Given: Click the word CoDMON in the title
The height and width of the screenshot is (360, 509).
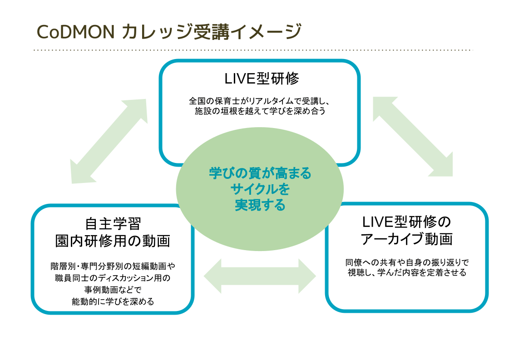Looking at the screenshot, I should pyautogui.click(x=75, y=32).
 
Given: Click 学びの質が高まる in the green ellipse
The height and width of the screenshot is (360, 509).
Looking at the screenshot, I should pyautogui.click(x=260, y=173).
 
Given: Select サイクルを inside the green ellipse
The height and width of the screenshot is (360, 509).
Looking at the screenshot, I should pyautogui.click(x=260, y=189).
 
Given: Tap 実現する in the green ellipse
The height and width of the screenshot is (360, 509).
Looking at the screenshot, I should pyautogui.click(x=260, y=205).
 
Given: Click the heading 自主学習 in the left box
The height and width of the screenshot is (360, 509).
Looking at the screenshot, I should pyautogui.click(x=113, y=224).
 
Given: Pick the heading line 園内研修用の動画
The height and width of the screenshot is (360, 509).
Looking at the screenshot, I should pyautogui.click(x=113, y=241).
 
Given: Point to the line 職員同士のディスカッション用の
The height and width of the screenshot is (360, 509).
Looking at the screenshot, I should pyautogui.click(x=113, y=278).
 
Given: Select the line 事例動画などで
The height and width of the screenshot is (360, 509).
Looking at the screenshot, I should pyautogui.click(x=113, y=289).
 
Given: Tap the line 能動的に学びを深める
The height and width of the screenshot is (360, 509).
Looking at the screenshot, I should pyautogui.click(x=113, y=301).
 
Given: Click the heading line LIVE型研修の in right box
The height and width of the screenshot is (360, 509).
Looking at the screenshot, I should pyautogui.click(x=406, y=222).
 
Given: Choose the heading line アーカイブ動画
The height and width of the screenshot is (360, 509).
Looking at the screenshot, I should pyautogui.click(x=406, y=239).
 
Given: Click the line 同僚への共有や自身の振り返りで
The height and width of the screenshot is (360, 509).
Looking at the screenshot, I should pyautogui.click(x=406, y=262).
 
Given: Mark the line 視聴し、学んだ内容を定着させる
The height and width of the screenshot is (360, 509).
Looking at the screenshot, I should pyautogui.click(x=406, y=273).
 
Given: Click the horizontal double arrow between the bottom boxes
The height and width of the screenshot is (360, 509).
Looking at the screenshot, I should pyautogui.click(x=260, y=276).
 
